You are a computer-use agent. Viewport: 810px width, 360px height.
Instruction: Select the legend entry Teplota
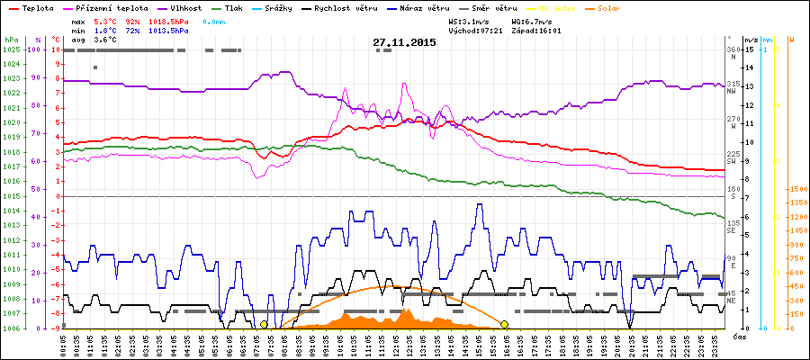(39, 7)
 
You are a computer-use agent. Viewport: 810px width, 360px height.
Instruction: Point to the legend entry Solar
(623, 7)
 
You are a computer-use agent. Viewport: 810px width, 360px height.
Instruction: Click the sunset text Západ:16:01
(536, 30)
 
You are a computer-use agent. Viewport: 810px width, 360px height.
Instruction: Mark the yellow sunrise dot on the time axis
(264, 324)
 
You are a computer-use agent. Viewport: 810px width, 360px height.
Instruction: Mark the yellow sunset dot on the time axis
(505, 324)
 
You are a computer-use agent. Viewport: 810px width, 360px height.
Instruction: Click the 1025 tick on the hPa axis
(11, 49)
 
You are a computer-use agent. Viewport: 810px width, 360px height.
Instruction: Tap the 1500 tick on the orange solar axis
(797, 190)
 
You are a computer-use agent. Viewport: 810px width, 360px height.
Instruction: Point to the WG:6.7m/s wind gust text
(536, 19)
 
